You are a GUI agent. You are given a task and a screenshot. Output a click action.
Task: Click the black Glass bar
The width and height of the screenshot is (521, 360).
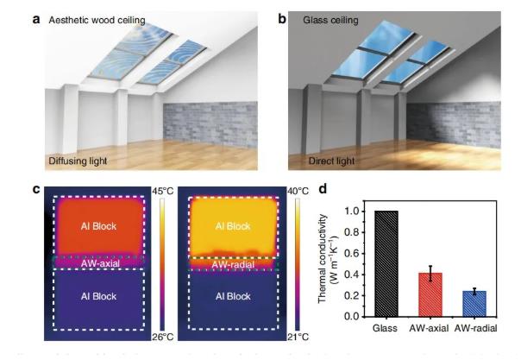click(386, 263)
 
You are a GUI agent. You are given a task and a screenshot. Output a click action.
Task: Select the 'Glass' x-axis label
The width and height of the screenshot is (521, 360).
click(385, 329)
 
